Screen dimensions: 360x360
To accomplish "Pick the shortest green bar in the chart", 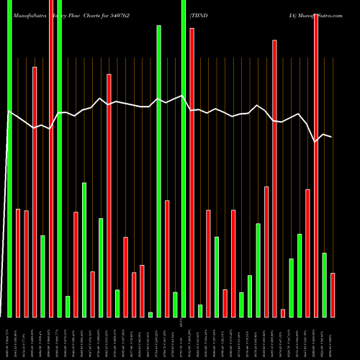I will [150, 314].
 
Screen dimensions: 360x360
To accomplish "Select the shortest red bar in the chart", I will [283, 312].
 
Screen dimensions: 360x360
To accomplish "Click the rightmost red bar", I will [333, 294].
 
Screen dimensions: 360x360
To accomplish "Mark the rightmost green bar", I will [324, 284].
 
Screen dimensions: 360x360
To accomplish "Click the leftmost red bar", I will [18, 263].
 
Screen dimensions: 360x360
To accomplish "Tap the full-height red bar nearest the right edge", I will [316, 166].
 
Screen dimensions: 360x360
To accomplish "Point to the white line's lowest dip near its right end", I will [315, 142].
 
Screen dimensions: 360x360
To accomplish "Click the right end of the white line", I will [332, 137].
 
